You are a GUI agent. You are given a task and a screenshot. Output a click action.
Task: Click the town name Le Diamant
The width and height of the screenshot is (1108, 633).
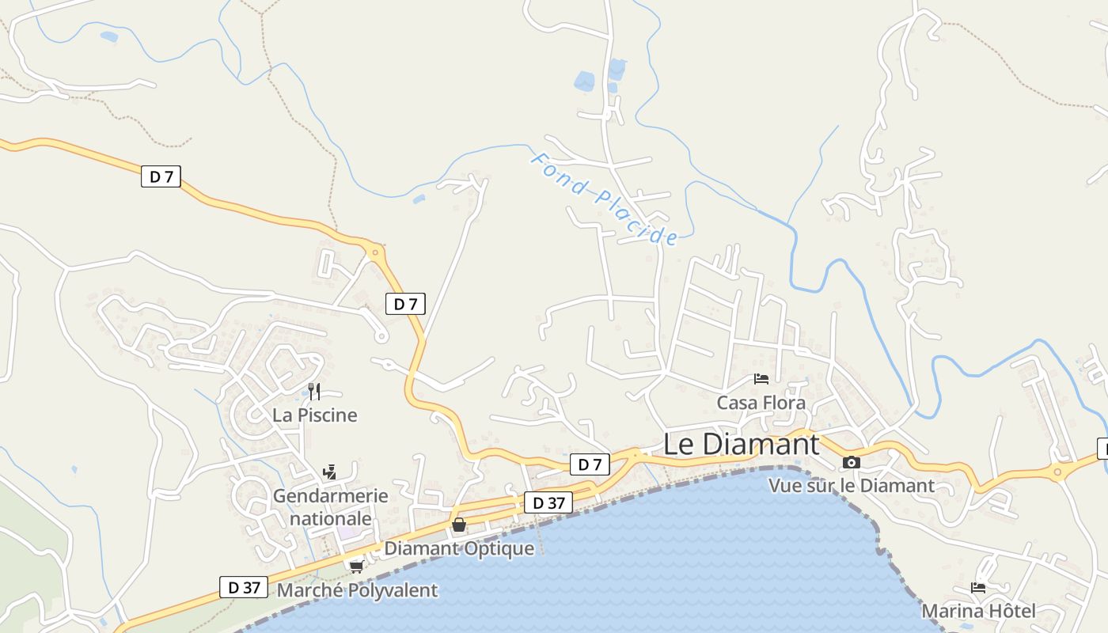click(741, 444)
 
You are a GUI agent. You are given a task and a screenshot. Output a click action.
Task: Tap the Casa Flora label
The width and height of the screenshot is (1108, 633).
click(761, 403)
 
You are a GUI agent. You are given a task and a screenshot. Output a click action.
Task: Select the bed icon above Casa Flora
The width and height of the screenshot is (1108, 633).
click(761, 379)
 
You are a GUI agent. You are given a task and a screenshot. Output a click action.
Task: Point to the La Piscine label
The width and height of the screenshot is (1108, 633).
click(315, 415)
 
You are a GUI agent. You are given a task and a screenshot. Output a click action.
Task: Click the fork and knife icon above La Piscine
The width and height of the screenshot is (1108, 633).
click(314, 391)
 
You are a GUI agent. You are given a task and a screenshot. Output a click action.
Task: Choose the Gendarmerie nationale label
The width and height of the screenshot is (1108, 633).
click(331, 507)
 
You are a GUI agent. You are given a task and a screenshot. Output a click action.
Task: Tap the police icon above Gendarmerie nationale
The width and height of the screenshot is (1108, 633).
click(330, 472)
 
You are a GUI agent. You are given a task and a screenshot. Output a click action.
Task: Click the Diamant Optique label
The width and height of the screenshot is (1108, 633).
click(459, 548)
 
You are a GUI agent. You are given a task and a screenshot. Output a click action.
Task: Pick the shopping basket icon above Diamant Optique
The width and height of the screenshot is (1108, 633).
click(459, 524)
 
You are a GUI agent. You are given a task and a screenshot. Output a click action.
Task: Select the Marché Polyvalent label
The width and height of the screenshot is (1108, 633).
click(357, 590)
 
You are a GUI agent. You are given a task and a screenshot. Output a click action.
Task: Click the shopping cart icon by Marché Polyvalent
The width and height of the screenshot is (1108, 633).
click(357, 566)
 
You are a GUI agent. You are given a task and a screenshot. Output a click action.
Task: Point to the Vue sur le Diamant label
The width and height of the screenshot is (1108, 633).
click(852, 486)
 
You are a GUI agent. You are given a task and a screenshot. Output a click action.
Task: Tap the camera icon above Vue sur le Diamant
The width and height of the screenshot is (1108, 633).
click(852, 462)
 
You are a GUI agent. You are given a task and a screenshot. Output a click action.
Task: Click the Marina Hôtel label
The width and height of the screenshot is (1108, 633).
click(978, 611)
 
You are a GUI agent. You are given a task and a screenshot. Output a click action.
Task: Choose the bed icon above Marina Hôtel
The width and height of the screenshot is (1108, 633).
click(978, 588)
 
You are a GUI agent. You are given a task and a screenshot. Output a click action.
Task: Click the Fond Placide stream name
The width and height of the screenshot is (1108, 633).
click(604, 199)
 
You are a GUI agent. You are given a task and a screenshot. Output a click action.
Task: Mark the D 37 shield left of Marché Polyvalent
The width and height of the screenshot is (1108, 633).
click(244, 587)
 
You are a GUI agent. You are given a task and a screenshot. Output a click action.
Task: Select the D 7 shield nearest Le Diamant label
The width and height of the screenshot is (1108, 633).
click(590, 464)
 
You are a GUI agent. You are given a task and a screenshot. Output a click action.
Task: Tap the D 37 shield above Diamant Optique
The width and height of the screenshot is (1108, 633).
click(548, 502)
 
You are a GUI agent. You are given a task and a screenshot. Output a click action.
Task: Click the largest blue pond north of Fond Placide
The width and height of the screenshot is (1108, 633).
click(584, 81)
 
